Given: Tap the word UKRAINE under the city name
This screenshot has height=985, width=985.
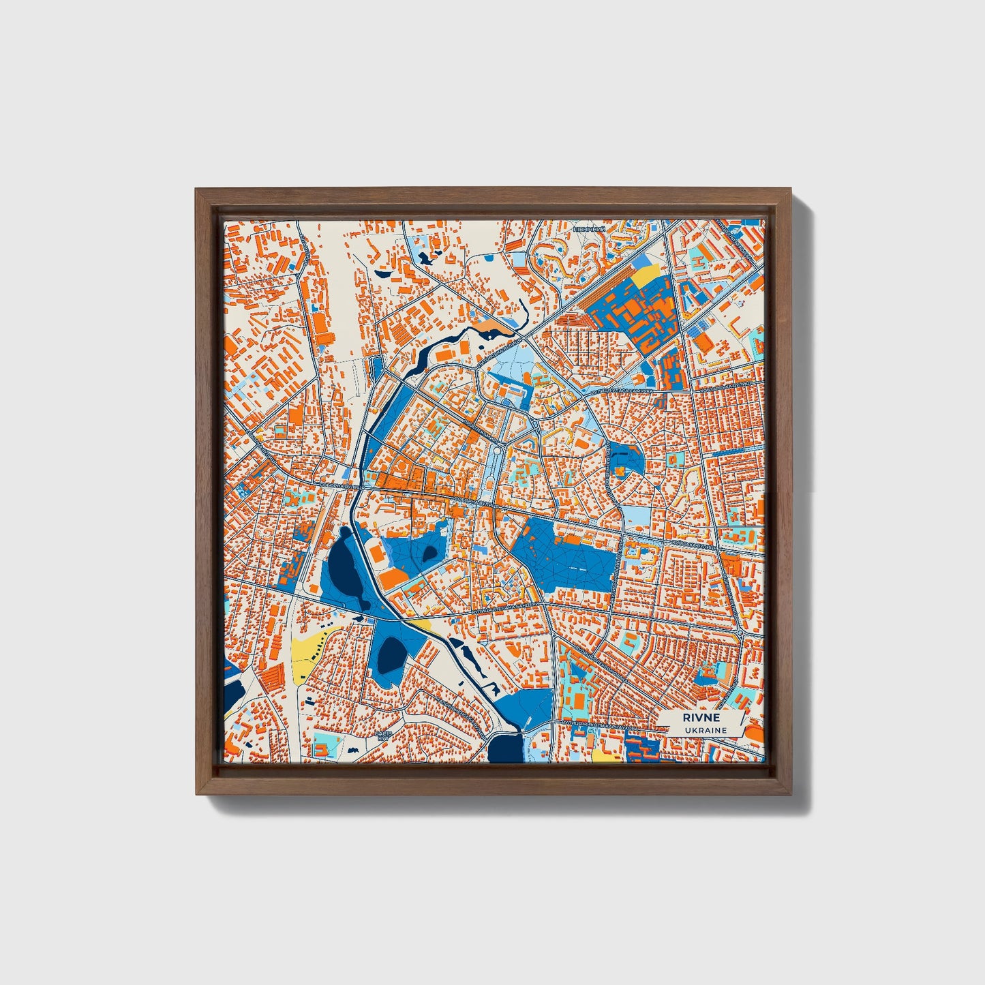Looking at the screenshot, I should (x=706, y=730).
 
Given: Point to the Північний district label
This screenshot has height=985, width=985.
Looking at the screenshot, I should (x=589, y=230).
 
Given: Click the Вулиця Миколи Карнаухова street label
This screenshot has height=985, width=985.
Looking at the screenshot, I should (x=600, y=727).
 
